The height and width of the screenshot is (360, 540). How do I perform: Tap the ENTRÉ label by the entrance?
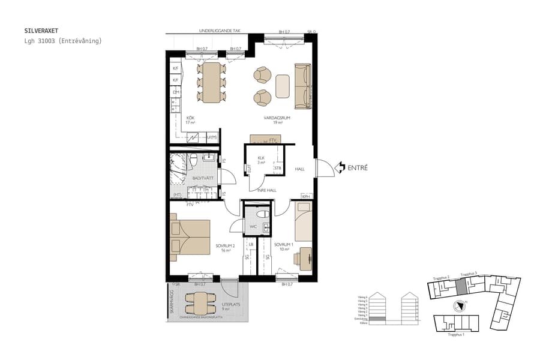(358, 168)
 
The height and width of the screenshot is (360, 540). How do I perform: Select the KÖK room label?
(190, 118)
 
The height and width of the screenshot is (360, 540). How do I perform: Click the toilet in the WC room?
(262, 214)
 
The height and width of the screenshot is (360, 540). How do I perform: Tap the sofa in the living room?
(302, 84)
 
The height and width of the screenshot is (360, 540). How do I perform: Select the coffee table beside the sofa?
(283, 85)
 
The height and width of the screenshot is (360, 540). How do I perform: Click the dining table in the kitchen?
(211, 83)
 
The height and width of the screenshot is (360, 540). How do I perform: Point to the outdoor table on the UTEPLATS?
(198, 302)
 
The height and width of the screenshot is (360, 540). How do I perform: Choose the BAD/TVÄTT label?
(200, 178)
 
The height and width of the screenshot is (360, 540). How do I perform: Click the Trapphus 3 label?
(468, 274)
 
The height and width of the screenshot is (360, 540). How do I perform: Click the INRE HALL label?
(266, 190)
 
